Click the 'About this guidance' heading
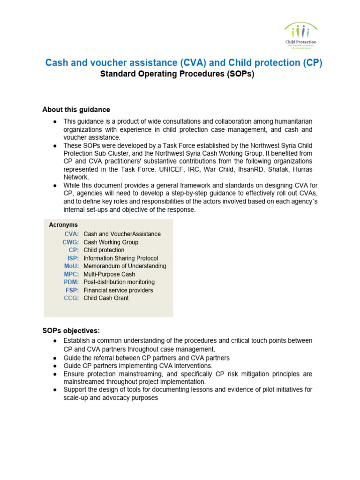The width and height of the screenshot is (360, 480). pyautogui.click(x=76, y=110)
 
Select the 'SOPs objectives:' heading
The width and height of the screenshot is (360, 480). pyautogui.click(x=71, y=330)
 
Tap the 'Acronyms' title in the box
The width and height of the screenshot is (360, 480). pyautogui.click(x=63, y=225)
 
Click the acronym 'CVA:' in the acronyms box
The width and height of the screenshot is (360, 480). pyautogui.click(x=72, y=234)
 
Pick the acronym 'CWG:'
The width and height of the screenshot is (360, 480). pyautogui.click(x=71, y=242)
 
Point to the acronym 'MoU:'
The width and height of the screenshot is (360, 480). pyautogui.click(x=71, y=266)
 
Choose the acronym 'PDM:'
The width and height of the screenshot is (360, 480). pyautogui.click(x=71, y=282)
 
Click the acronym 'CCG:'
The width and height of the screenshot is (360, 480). pyautogui.click(x=71, y=298)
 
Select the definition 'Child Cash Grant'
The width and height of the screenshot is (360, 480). pyautogui.click(x=106, y=298)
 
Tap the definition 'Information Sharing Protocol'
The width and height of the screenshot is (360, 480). pyautogui.click(x=120, y=258)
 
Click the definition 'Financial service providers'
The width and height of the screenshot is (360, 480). pyautogui.click(x=118, y=290)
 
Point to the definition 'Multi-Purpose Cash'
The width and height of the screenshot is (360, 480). pyautogui.click(x=109, y=274)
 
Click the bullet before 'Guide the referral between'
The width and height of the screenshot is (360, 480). pyautogui.click(x=55, y=358)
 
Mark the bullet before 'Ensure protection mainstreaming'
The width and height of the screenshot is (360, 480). pyautogui.click(x=55, y=374)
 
